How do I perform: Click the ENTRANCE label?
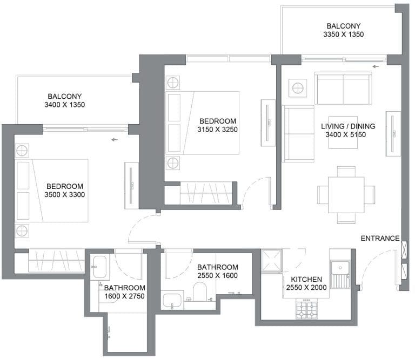380,238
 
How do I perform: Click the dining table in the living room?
346,194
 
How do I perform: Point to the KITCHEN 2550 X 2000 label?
306,283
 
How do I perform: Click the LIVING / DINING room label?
348,130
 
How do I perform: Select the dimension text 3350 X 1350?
343,35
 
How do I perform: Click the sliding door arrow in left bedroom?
113,140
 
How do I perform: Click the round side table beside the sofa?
297,87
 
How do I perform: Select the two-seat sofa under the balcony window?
343,89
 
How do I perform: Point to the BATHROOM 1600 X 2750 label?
125,291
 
